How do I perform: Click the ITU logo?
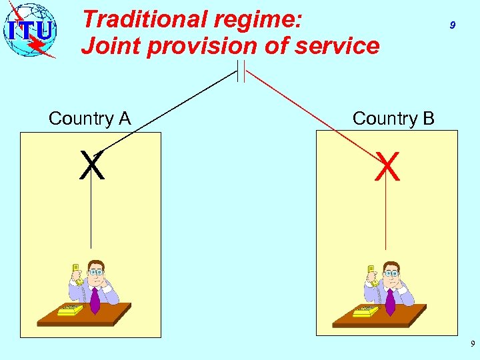point(30,30)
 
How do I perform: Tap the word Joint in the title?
point(105,46)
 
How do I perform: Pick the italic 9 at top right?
point(453,25)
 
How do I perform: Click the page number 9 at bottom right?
point(473,344)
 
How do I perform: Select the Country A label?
point(89,119)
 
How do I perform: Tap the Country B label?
point(393,119)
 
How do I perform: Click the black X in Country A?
point(92,166)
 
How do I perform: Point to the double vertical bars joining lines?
point(241,71)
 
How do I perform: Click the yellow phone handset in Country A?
point(77,274)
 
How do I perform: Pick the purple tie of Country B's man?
point(390,301)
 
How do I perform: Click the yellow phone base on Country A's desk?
point(69,310)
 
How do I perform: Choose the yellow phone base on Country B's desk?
point(365,311)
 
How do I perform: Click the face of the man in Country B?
point(391,273)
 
